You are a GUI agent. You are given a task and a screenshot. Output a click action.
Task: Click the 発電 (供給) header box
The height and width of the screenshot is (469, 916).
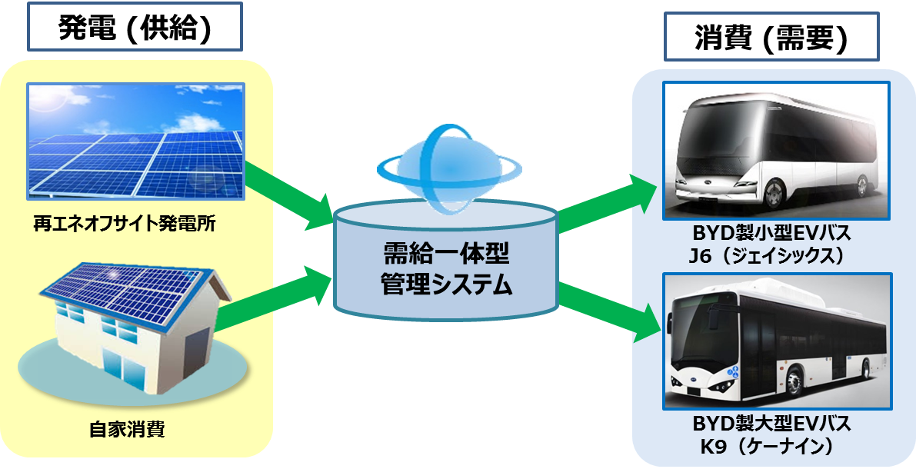click(x=135, y=26)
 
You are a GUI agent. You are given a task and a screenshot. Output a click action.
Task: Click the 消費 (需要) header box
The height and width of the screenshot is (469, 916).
click(x=771, y=37)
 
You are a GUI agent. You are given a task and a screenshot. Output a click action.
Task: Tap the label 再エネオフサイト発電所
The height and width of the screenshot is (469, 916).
click(x=125, y=223)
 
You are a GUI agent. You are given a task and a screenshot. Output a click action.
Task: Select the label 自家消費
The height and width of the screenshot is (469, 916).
click(x=127, y=429)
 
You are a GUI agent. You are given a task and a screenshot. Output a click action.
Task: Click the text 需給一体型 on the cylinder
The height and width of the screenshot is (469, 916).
click(x=446, y=254)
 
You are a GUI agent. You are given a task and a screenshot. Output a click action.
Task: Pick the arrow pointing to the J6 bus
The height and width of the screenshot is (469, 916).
click(x=608, y=201)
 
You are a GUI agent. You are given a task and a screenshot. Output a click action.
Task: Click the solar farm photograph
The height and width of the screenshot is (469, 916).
click(x=135, y=141)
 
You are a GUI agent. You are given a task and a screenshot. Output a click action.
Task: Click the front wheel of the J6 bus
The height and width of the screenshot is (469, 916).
click(x=773, y=193)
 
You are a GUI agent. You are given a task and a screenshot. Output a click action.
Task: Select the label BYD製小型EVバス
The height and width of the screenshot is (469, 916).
click(x=771, y=234)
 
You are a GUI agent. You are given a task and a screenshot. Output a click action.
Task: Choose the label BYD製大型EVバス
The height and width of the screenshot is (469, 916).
click(x=771, y=424)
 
